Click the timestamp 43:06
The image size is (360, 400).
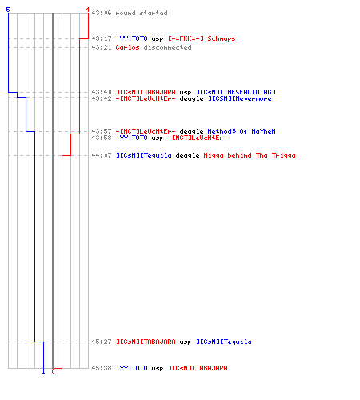coord(102,13)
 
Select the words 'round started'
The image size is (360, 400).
coord(142,13)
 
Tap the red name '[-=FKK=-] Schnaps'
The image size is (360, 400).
coord(202,38)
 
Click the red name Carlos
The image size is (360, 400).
coord(127,47)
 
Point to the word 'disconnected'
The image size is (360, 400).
coord(167,47)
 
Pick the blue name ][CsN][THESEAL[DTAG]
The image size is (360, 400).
coord(236,92)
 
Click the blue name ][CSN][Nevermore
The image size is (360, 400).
coord(240,98)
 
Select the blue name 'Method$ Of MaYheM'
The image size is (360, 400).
coord(242,131)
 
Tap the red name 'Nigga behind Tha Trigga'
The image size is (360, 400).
coord(250,155)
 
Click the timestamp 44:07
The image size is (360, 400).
coord(102,155)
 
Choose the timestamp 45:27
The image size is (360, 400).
coord(102,342)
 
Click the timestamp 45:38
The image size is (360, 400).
coord(102,368)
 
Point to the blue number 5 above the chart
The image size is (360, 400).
coord(8,10)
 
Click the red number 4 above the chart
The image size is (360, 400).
coord(88,10)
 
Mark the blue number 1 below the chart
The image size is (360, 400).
coord(43,371)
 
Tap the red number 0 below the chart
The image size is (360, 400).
coord(53,371)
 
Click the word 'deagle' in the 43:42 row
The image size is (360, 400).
coord(191,99)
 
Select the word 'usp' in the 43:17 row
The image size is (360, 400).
coord(158,39)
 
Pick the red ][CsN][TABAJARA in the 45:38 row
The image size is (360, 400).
coord(198,368)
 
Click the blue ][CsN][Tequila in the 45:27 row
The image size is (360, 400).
coord(224,342)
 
